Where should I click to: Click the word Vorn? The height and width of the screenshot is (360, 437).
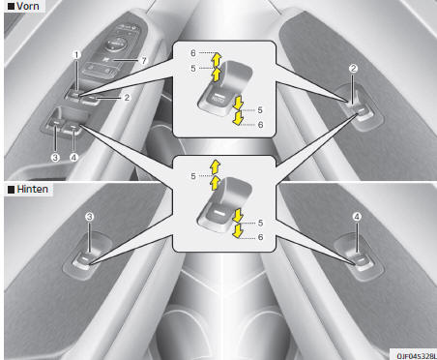28,6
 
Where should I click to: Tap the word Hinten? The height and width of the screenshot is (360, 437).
32,189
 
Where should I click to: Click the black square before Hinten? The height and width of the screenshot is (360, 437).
11,190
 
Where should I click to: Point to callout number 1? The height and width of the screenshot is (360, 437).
76,55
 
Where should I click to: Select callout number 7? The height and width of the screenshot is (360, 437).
144,61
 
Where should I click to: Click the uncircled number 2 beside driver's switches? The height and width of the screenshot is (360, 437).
127,98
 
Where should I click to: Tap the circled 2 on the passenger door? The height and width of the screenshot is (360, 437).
354,69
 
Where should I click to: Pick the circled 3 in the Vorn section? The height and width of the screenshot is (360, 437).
55,158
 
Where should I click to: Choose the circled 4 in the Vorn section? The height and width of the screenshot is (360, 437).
73,158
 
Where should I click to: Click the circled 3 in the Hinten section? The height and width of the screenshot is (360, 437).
89,217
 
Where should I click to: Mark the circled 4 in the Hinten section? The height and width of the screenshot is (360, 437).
357,217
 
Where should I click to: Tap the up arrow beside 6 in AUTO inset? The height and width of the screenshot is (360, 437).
218,59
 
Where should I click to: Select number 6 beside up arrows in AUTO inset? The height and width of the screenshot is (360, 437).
193,53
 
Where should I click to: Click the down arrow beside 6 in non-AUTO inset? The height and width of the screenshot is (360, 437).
238,231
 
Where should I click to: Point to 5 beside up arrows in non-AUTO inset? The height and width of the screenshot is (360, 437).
193,176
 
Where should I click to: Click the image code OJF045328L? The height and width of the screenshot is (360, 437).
417,355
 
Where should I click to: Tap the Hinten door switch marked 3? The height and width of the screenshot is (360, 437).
84,260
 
